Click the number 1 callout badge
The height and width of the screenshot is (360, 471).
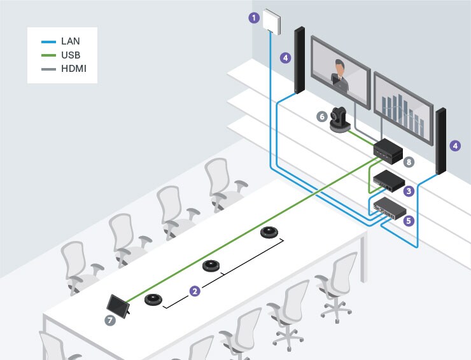[x=254, y=18]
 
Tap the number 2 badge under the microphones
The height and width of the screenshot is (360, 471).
[x=195, y=291]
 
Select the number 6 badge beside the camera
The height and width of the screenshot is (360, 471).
[x=322, y=116]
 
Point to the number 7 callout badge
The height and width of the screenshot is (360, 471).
[x=110, y=321]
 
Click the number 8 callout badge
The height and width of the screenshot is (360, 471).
[x=409, y=162]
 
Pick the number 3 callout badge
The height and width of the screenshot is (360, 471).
[x=409, y=190]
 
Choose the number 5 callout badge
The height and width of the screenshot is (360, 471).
[x=409, y=221]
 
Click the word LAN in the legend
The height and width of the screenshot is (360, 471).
[x=70, y=41]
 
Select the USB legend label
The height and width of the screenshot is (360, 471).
[x=70, y=55]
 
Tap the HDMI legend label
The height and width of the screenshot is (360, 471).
[x=74, y=68]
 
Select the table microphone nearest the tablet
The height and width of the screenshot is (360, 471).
[x=154, y=298]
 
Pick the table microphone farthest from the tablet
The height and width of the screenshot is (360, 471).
[x=271, y=232]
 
